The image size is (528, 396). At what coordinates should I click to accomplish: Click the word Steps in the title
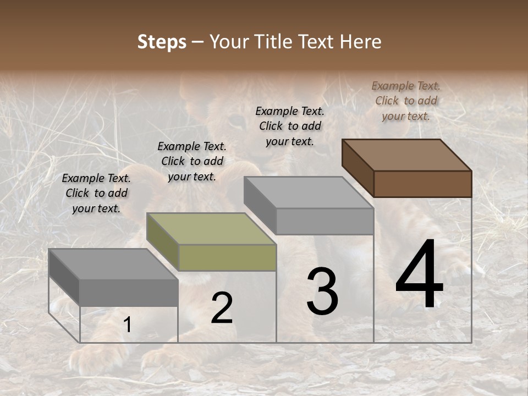[x=162, y=42]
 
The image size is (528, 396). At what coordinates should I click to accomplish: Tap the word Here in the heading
[x=361, y=42]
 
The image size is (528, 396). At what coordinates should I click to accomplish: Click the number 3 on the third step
[x=322, y=291]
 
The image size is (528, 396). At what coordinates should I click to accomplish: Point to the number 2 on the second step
[x=222, y=308]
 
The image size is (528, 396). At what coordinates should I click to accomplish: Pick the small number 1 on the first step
[x=127, y=325]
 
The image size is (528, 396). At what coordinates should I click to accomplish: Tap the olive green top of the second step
[x=211, y=229]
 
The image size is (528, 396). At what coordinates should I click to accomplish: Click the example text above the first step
[x=96, y=193]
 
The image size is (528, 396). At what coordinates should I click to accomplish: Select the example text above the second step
[x=192, y=161]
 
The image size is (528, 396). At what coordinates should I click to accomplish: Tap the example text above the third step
[x=290, y=126]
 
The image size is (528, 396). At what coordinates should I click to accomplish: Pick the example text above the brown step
[x=406, y=101]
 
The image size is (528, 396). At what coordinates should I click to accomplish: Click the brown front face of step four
[x=422, y=184]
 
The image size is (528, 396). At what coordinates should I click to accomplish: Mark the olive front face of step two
[x=227, y=257]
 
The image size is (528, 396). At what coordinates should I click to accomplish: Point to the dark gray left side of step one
[x=64, y=276]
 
